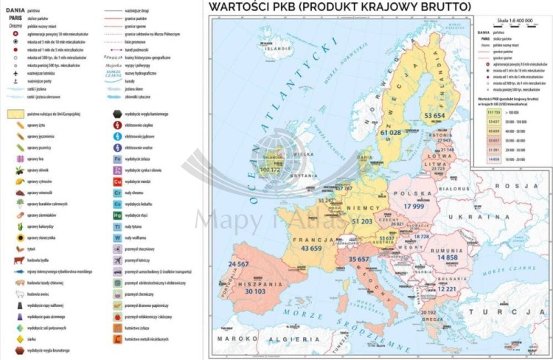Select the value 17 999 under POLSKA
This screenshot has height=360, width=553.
tap(418, 206)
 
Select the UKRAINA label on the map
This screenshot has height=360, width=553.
tap(484, 218)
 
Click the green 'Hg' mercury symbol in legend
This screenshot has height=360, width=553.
tap(117, 215)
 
